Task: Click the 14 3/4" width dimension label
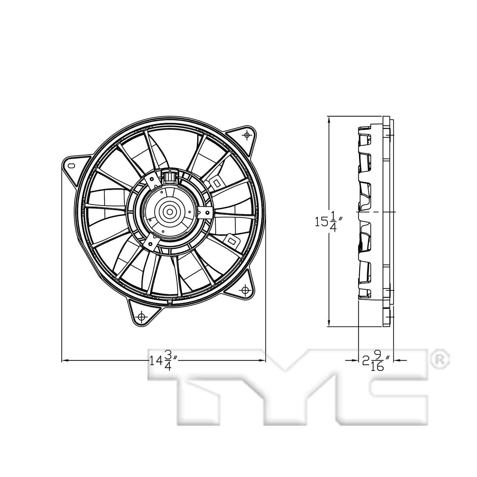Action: coord(163,361)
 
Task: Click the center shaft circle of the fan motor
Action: coord(169,211)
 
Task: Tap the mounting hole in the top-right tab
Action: coord(247,136)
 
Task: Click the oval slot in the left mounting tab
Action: coord(71,165)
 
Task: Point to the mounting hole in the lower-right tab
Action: coord(245,290)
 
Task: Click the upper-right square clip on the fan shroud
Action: coord(216,183)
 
